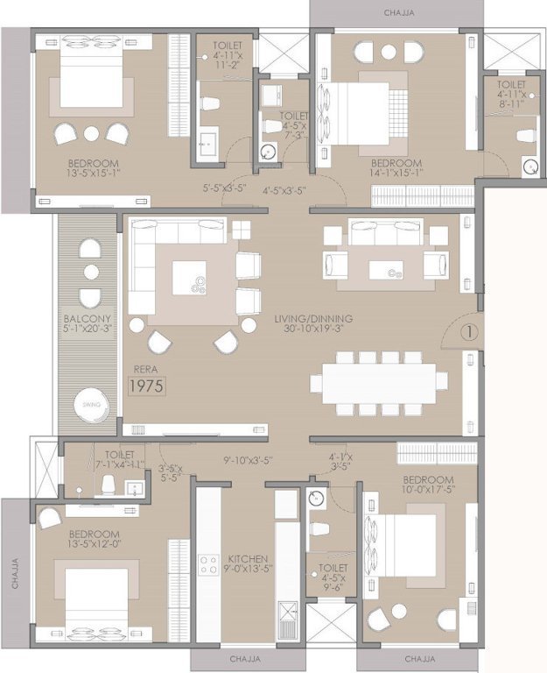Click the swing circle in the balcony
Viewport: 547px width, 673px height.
(x=91, y=406)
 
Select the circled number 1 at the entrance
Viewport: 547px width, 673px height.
(x=467, y=333)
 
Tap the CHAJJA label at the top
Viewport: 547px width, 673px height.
(x=396, y=12)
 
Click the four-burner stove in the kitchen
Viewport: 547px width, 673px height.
(x=208, y=564)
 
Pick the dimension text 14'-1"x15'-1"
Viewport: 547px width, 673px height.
(x=396, y=173)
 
